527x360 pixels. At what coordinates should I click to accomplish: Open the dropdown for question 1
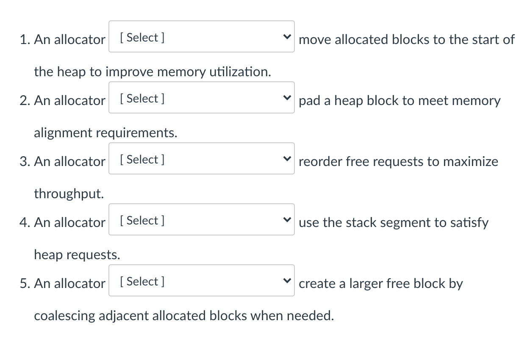pyautogui.click(x=201, y=37)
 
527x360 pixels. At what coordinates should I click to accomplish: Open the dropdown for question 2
pyautogui.click(x=201, y=98)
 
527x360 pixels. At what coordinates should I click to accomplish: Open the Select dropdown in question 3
pyautogui.click(x=201, y=159)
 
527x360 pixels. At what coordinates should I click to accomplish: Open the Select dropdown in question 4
pyautogui.click(x=201, y=220)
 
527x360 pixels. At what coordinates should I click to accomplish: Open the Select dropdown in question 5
pyautogui.click(x=201, y=281)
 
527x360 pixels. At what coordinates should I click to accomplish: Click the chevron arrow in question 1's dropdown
pyautogui.click(x=287, y=37)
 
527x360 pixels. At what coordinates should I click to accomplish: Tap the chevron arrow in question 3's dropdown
pyautogui.click(x=287, y=159)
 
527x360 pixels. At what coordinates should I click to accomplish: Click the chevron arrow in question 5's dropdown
pyautogui.click(x=287, y=281)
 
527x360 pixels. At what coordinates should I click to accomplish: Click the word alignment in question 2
pyautogui.click(x=63, y=133)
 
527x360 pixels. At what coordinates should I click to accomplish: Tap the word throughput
pyautogui.click(x=69, y=194)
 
